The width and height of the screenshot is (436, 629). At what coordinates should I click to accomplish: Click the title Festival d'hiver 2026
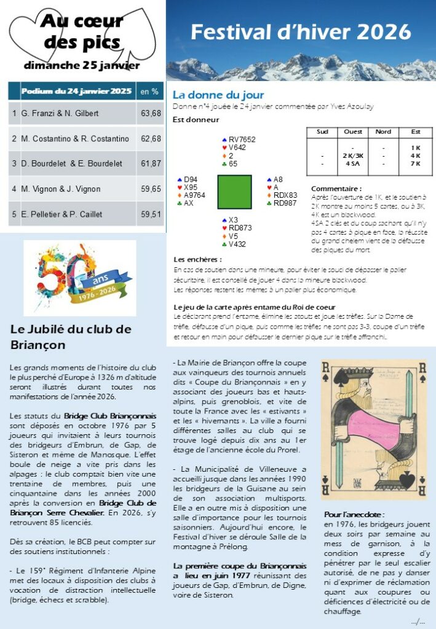tap(300, 31)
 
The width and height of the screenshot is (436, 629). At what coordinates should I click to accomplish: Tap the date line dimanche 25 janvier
tap(82, 65)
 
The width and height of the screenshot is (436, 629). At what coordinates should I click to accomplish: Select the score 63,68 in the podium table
tap(151, 114)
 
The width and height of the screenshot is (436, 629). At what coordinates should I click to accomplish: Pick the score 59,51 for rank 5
tap(151, 214)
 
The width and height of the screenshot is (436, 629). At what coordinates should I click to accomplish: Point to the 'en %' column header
tap(149, 92)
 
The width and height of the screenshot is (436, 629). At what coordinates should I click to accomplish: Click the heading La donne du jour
tap(218, 95)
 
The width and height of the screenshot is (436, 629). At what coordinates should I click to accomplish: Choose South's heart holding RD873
tap(241, 228)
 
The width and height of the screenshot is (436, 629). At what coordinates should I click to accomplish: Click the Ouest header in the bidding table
tap(353, 132)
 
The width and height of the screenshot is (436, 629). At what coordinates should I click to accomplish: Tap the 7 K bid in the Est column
tap(416, 163)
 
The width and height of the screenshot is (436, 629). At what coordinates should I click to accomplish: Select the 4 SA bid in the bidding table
tap(353, 163)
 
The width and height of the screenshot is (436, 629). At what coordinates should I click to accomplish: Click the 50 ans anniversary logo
tap(80, 277)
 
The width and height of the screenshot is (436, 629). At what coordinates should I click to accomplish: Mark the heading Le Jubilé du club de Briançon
tap(71, 337)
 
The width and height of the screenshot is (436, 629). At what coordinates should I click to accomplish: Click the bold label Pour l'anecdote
tap(354, 514)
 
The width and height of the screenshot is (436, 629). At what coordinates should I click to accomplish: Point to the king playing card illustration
tap(373, 428)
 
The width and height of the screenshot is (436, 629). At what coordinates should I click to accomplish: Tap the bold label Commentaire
tap(336, 189)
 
